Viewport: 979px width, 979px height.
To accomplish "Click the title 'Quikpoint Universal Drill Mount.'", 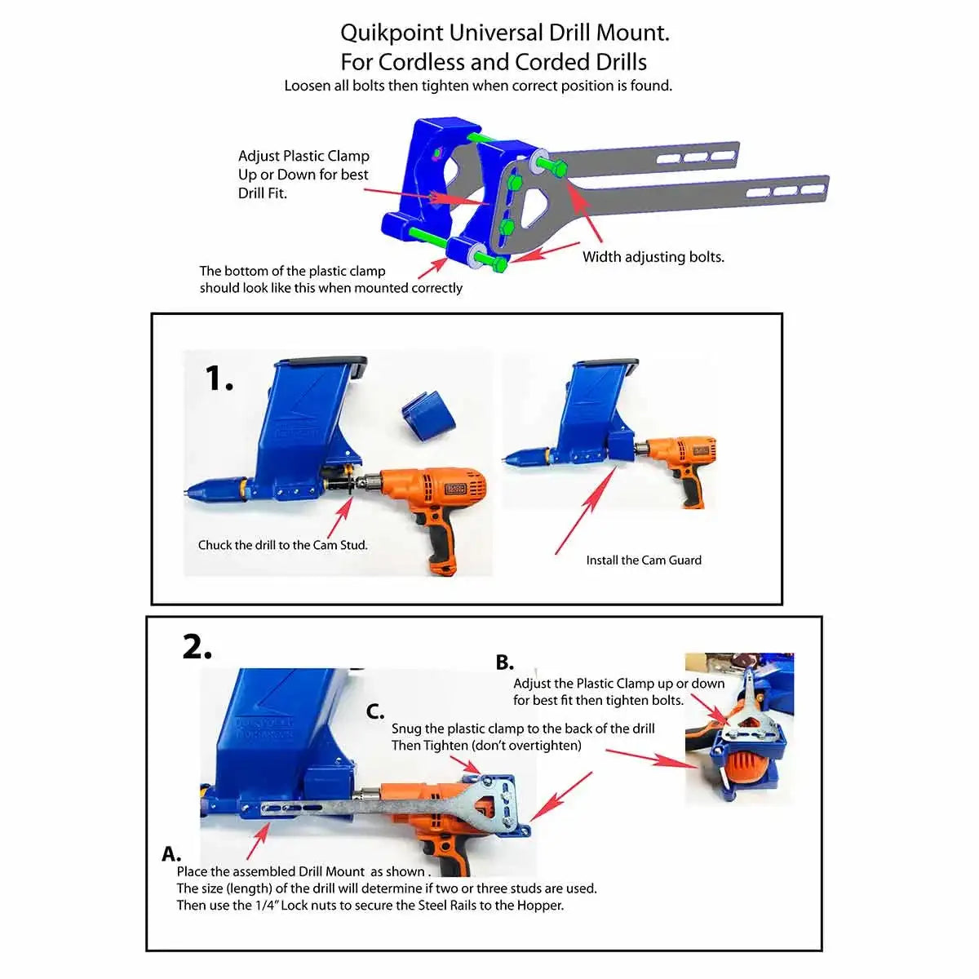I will [x=504, y=33].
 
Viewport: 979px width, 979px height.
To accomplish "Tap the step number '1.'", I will [x=219, y=379].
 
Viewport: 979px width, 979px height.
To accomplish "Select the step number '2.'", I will [x=197, y=647].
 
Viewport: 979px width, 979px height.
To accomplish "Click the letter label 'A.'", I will [x=171, y=854].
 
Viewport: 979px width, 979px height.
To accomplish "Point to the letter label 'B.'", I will [x=505, y=662].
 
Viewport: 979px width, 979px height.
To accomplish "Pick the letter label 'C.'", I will [x=375, y=711].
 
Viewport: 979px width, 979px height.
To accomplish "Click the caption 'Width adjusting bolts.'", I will [x=653, y=257].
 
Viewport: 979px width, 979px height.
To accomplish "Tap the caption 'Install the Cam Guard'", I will [x=643, y=560].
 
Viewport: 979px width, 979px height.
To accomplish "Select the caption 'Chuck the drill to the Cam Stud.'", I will [x=282, y=545].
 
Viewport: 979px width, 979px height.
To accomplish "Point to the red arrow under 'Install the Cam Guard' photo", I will [x=585, y=510].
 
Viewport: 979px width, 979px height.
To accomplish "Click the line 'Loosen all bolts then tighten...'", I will [x=478, y=86].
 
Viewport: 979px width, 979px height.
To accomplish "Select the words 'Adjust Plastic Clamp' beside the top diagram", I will [x=303, y=156].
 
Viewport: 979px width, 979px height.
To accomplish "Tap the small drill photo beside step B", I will [x=739, y=729].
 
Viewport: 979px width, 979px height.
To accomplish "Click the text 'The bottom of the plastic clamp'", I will [x=292, y=271].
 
